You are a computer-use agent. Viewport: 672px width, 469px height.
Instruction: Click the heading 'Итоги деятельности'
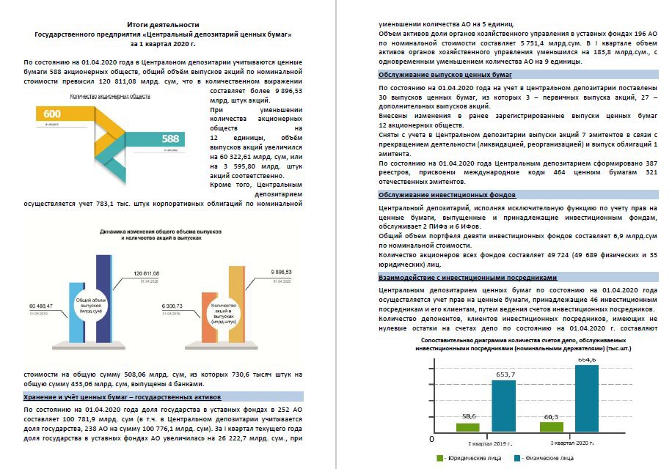[163, 25]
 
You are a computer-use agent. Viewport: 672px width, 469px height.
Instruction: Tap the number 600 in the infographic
[52, 114]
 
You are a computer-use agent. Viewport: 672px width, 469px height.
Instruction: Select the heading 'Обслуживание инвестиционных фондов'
[447, 195]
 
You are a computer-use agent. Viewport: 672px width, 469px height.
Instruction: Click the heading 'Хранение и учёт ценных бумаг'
[123, 396]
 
